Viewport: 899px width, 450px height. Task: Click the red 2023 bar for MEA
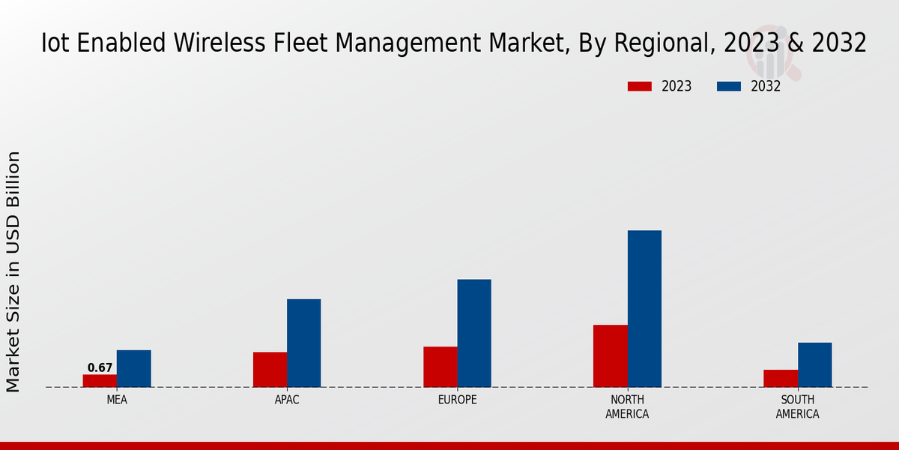(x=100, y=380)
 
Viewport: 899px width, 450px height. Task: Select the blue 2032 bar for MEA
(x=133, y=368)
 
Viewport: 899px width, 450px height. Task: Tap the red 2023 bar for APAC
(x=270, y=369)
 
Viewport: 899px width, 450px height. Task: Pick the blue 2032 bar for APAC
(x=303, y=343)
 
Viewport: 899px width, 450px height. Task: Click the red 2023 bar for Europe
(x=440, y=367)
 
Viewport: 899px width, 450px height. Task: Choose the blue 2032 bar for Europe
(x=474, y=333)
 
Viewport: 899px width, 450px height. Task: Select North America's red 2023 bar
(x=610, y=355)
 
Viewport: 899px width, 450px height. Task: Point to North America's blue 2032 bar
(x=644, y=308)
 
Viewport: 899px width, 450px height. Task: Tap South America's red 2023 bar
(x=781, y=378)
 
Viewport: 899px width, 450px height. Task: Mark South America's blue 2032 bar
(x=814, y=364)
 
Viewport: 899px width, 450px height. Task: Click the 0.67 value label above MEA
(x=100, y=367)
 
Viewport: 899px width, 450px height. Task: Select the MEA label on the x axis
(x=117, y=400)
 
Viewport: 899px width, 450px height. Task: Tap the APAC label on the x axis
(x=287, y=400)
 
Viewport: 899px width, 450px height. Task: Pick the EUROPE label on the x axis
(x=457, y=400)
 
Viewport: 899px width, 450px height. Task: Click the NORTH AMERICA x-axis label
(x=627, y=406)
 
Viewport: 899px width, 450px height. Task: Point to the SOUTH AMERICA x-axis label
(x=797, y=406)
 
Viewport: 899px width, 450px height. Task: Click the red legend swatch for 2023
(x=639, y=86)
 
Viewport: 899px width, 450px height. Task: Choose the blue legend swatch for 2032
(x=728, y=86)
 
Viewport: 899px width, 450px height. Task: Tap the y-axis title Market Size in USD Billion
(x=13, y=271)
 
